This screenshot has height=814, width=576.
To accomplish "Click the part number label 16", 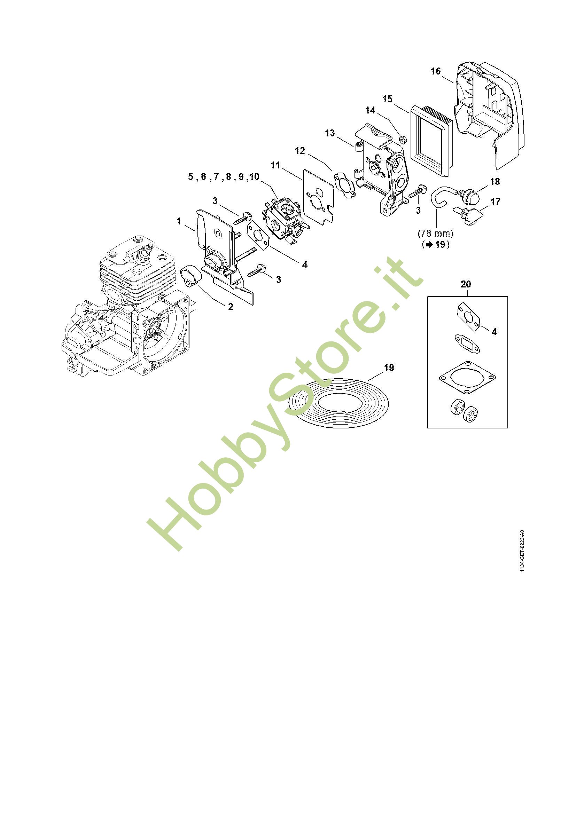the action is click(436, 71).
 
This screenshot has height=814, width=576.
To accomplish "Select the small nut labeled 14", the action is click(402, 139).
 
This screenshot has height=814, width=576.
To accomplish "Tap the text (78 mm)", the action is click(436, 234).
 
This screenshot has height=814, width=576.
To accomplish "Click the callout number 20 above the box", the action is click(466, 284).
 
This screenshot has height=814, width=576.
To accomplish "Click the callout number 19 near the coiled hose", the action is click(389, 368).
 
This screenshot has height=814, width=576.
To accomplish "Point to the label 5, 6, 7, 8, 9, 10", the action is click(224, 176).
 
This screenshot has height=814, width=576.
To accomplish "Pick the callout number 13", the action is click(330, 133).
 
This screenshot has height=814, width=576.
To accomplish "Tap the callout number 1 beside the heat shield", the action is click(179, 221).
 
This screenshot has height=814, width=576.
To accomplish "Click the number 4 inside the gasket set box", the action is click(494, 332).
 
